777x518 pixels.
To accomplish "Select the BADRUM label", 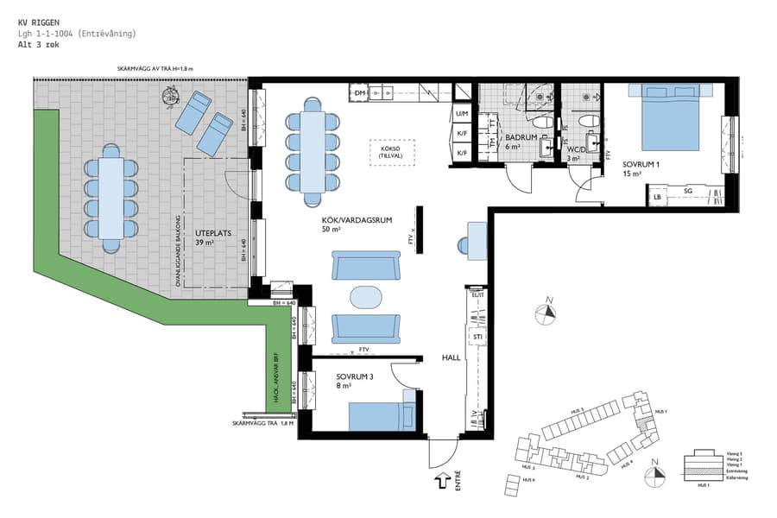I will pyautogui.click(x=522, y=137).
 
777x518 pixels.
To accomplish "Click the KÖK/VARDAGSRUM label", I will pyautogui.click(x=357, y=220).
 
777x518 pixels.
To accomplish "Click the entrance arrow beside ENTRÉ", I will pyautogui.click(x=441, y=480).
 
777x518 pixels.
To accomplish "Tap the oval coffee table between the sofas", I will pyautogui.click(x=365, y=296).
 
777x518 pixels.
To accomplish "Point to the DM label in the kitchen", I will pyautogui.click(x=361, y=92).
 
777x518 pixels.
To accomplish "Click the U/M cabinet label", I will pyautogui.click(x=462, y=113).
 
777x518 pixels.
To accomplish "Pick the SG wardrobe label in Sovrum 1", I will pyautogui.click(x=688, y=191).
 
